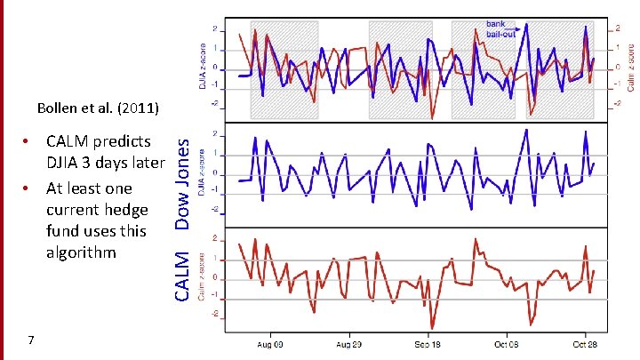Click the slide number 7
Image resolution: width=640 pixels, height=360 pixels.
tap(31, 340)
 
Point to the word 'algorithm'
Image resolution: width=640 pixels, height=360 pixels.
tap(81, 252)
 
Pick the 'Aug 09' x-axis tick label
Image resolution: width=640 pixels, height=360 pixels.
tap(271, 344)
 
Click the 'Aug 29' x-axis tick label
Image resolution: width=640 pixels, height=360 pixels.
tap(349, 344)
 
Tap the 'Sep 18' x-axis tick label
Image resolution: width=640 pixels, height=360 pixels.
tap(428, 344)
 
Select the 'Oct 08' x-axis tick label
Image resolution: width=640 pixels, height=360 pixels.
tap(507, 344)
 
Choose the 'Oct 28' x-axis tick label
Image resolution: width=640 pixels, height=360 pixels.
tap(585, 344)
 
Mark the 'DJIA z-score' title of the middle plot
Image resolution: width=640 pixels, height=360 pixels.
tap(203, 174)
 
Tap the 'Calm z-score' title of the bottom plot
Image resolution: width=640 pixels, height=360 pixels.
tap(203, 278)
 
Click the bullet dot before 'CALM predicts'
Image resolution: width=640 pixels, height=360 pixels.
tap(28, 141)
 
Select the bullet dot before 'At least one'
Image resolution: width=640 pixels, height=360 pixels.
tap(28, 188)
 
